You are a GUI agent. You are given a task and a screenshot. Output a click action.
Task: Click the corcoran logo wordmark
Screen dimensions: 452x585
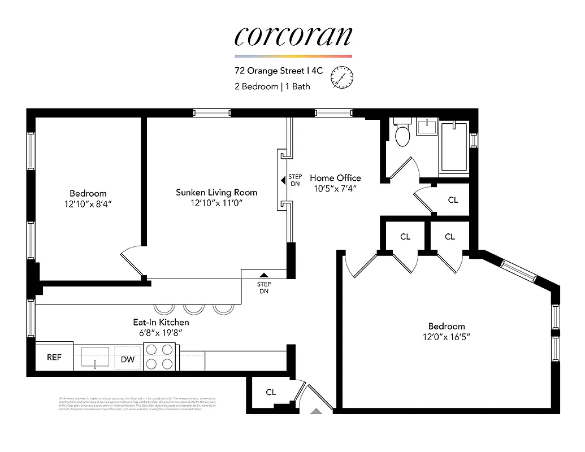tap(293, 36)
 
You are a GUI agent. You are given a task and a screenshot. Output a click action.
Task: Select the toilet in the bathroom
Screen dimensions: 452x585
tap(402, 134)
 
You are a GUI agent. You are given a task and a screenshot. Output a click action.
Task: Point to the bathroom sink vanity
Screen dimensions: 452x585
tap(427, 126)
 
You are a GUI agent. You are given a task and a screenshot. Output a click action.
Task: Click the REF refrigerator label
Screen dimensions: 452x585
tap(54, 357)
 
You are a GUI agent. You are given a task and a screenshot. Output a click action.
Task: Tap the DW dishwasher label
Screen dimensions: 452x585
tap(128, 359)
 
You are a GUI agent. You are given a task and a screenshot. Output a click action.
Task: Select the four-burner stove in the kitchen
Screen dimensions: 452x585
tap(161, 357)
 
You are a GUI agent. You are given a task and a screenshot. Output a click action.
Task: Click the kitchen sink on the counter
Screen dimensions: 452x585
tap(95, 357)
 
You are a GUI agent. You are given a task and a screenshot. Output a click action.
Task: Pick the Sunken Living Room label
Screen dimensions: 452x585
tap(216, 193)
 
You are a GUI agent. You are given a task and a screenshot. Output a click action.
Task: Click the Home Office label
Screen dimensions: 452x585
tap(335, 178)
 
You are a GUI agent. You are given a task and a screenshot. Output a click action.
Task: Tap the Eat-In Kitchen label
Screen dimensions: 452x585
tap(161, 322)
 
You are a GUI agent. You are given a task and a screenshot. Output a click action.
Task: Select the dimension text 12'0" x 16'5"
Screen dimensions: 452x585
tap(447, 337)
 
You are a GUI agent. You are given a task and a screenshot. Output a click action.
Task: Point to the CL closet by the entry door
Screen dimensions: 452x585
tap(271, 392)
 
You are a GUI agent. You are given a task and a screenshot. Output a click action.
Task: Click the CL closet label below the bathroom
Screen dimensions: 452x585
tap(453, 200)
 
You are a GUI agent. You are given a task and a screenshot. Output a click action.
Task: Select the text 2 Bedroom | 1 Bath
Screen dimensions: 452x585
tap(272, 86)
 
